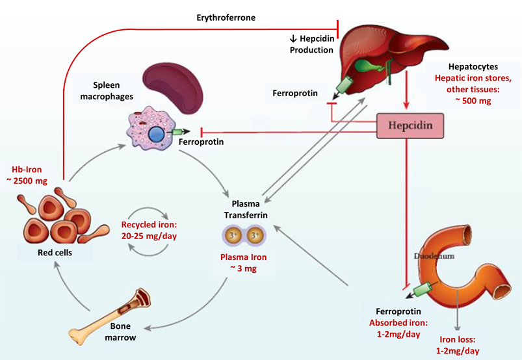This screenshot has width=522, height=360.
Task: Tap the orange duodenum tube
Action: point(455,273)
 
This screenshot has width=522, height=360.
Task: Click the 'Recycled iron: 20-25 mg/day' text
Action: point(150,231)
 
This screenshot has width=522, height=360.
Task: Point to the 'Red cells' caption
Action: point(55,253)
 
